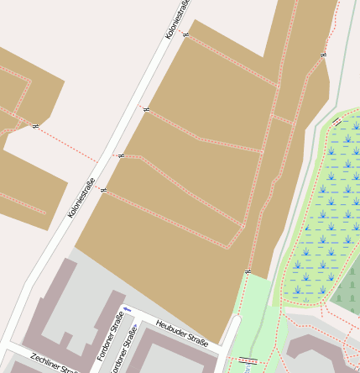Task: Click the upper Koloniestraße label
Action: (x=178, y=19)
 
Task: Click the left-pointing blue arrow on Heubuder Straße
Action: (x=127, y=310)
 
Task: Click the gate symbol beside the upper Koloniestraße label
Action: (x=185, y=35)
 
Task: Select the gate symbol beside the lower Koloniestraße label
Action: (x=103, y=191)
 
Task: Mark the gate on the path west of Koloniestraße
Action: (x=34, y=126)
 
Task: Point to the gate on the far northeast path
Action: (x=323, y=55)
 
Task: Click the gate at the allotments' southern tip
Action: (x=248, y=271)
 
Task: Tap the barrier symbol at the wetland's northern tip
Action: (x=337, y=122)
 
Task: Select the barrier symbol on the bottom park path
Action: (x=247, y=360)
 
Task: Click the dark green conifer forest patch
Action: (x=347, y=288)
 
